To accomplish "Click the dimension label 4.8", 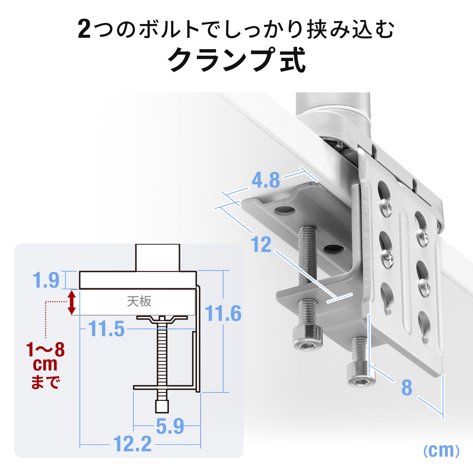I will click(266, 180).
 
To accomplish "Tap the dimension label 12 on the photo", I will click(261, 245).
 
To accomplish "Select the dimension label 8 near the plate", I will click(406, 388).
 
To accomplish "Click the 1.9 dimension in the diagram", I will click(46, 280).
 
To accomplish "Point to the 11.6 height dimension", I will click(223, 314).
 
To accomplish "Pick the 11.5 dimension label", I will click(107, 329).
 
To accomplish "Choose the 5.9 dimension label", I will click(170, 426).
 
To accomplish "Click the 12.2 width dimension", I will click(132, 444).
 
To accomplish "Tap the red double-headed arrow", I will click(72, 302).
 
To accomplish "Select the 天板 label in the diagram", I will click(139, 302).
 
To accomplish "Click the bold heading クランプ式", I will click(237, 60).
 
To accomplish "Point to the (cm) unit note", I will click(441, 450).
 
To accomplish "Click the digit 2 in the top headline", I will click(84, 30).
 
